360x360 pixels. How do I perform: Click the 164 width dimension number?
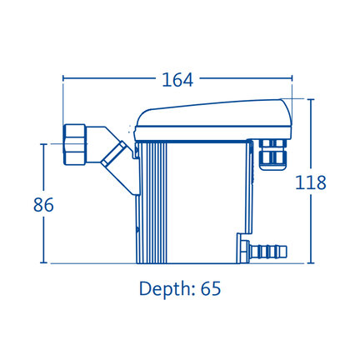coord(177,80)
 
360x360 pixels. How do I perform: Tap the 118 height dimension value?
coord(311,182)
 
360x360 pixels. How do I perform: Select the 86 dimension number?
coord(43,205)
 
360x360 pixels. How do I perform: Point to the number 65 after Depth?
coord(211,288)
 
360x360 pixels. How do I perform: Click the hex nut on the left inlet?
coord(74,144)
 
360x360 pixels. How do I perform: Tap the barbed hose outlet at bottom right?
coord(268,251)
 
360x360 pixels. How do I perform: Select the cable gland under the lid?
coord(272,154)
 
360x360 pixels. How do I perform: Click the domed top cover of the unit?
coord(213,113)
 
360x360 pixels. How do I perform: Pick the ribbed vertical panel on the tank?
coord(152,202)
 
